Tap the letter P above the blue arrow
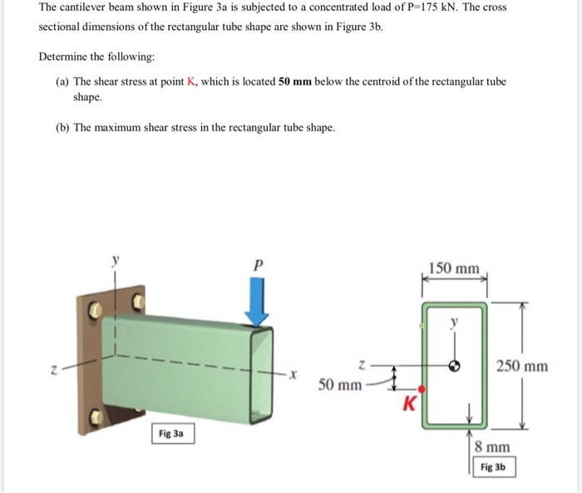click(x=258, y=264)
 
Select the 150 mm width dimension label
click(x=454, y=268)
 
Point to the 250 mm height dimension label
click(x=521, y=366)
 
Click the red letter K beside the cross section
click(x=408, y=405)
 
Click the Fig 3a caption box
click(x=173, y=433)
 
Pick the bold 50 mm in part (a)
click(x=293, y=81)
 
